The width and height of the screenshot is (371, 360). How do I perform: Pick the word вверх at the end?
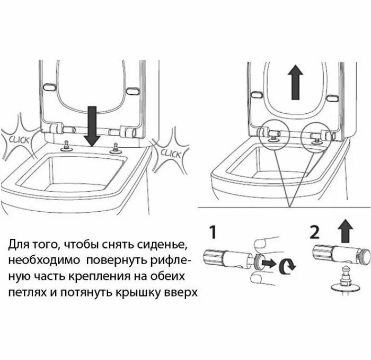pos(180,293)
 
